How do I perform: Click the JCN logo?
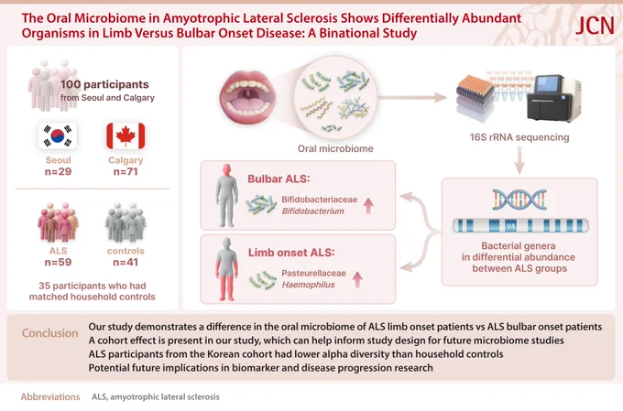[595, 27]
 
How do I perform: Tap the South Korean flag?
[58, 135]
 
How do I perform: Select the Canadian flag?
[126, 135]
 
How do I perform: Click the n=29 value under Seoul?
[58, 171]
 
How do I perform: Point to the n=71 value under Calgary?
[126, 171]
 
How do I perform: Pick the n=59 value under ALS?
[58, 262]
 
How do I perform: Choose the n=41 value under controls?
[126, 262]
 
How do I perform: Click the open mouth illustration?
[247, 97]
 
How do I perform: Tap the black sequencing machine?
[554, 98]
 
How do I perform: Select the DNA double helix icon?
[519, 200]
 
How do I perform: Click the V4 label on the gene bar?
[510, 226]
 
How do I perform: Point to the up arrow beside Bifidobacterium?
[368, 206]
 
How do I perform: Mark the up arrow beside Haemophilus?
[357, 279]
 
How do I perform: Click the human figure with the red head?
[227, 195]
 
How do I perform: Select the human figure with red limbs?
[227, 269]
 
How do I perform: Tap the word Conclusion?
[50, 333]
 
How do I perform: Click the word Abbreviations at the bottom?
[50, 396]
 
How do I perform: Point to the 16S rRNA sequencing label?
[519, 137]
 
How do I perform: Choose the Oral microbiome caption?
[335, 148]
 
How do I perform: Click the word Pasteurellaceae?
[314, 273]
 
